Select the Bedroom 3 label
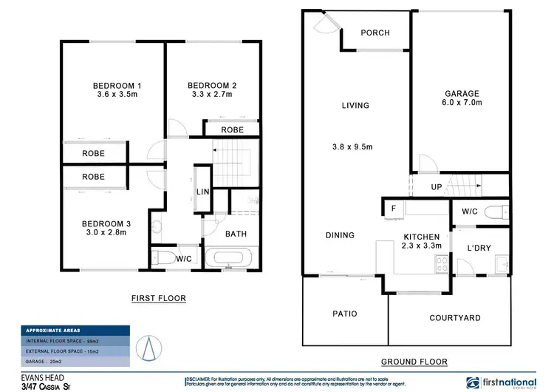pyautogui.click(x=107, y=223)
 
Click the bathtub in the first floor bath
pyautogui.click(x=229, y=260)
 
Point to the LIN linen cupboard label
pyautogui.click(x=202, y=193)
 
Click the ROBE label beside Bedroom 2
pyautogui.click(x=232, y=129)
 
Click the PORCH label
pyautogui.click(x=375, y=33)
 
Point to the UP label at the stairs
pyautogui.click(x=437, y=187)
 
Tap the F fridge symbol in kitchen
pyautogui.click(x=393, y=209)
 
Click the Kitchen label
pyautogui.click(x=421, y=237)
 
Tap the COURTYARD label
pyautogui.click(x=455, y=318)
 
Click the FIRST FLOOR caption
pyautogui.click(x=158, y=299)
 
